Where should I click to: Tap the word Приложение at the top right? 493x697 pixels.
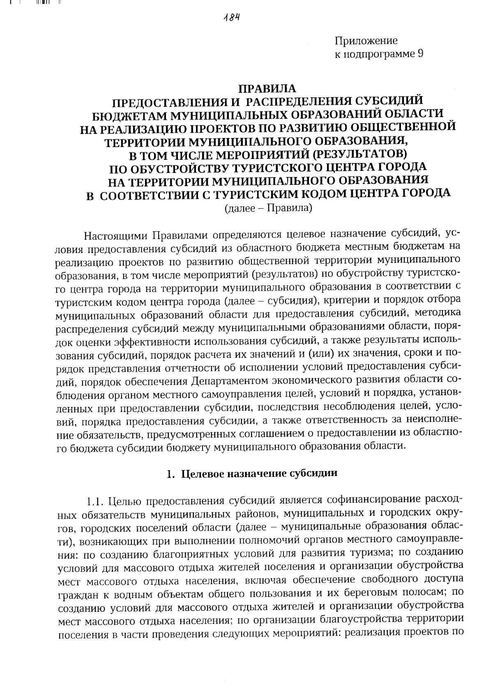click(x=366, y=41)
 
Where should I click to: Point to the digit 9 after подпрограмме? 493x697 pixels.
click(x=420, y=54)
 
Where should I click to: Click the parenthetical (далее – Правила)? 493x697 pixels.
click(x=268, y=208)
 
